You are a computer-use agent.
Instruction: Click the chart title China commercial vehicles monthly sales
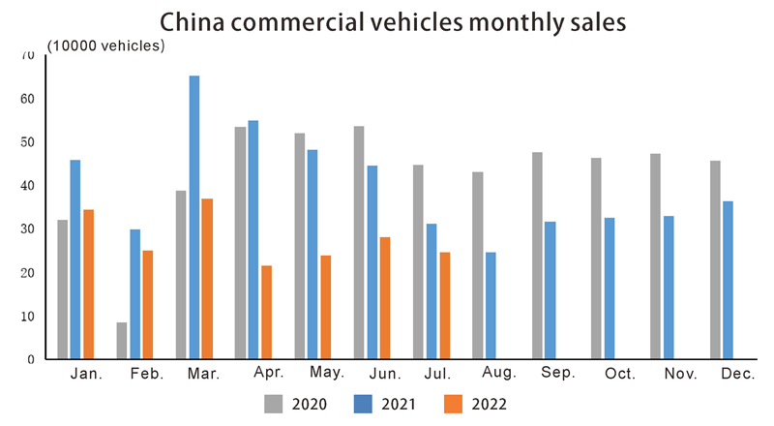[x=387, y=21]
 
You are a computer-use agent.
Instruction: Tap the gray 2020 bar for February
[x=122, y=340]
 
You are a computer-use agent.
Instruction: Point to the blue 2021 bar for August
[x=491, y=305]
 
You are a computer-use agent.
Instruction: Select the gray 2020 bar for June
[x=359, y=242]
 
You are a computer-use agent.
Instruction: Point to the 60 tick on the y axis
[x=28, y=99]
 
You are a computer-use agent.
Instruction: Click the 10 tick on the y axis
[x=28, y=317]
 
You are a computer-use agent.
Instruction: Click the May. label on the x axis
[x=324, y=374]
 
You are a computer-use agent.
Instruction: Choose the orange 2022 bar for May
[x=326, y=307]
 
